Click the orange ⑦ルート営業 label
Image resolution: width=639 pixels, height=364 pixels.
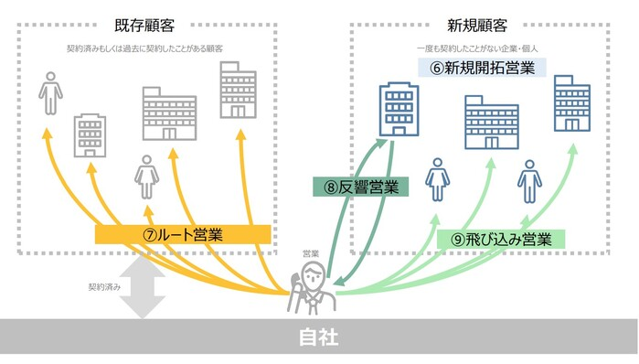click(x=183, y=233)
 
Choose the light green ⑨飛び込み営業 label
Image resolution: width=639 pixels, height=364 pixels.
click(x=502, y=240)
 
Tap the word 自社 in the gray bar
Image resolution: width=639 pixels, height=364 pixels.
click(x=319, y=337)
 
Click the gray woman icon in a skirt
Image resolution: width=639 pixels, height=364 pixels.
click(x=145, y=177)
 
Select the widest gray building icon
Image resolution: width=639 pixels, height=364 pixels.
click(x=168, y=113)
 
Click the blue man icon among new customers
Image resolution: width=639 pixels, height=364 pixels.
click(x=527, y=180)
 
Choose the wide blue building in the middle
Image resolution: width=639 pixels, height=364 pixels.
click(x=491, y=123)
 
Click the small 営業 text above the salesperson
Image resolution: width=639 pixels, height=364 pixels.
click(x=310, y=252)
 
